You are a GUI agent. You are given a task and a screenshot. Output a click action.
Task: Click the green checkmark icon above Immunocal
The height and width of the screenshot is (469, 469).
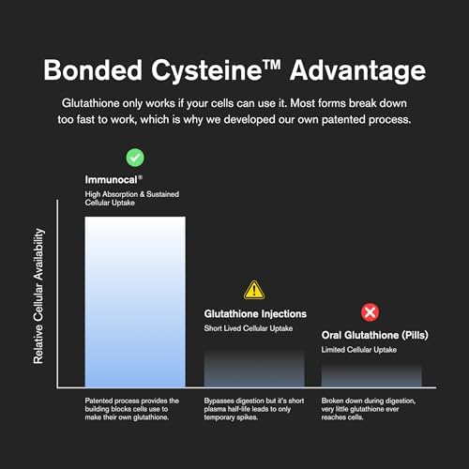(135, 158)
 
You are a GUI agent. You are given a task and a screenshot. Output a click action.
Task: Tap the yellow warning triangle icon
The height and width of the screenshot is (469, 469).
(254, 291)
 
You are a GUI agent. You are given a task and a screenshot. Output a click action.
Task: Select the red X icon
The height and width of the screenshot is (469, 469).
(371, 312)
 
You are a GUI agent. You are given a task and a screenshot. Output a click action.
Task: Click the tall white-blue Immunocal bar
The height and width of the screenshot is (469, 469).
(135, 302)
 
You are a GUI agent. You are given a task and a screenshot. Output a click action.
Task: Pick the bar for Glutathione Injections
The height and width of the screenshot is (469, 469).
(254, 369)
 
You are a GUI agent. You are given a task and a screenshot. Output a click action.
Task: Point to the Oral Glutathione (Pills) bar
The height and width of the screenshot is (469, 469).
(371, 375)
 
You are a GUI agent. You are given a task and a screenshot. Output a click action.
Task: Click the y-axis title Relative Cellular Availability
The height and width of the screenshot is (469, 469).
(38, 296)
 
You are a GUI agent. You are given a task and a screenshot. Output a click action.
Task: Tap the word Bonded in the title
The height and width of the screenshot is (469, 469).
(93, 70)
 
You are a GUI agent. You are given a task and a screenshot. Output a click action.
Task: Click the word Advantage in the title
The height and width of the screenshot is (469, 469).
(357, 71)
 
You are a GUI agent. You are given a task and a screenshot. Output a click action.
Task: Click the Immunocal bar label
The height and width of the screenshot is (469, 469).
(113, 179)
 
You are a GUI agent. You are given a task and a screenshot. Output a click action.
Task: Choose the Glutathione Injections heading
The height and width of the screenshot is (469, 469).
(255, 314)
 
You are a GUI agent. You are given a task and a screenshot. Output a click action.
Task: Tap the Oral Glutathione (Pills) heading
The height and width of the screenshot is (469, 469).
(374, 335)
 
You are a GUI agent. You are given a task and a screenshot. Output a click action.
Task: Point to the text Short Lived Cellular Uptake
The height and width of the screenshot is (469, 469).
(249, 328)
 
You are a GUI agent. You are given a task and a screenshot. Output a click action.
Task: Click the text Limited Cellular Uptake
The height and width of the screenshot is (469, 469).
(359, 350)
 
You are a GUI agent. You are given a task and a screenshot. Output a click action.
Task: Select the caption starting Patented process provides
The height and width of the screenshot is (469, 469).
(132, 409)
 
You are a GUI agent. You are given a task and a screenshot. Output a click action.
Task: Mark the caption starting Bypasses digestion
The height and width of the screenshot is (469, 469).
(254, 409)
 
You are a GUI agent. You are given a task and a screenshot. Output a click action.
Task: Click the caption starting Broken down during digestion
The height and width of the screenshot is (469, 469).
(369, 409)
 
